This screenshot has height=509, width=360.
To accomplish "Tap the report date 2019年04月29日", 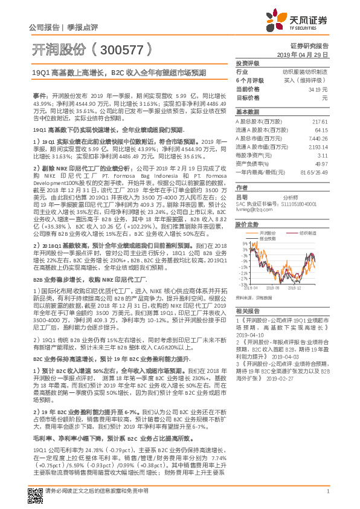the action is [309, 54].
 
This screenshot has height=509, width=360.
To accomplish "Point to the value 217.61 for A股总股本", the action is [320, 122].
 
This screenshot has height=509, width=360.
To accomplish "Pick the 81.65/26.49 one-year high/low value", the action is [315, 172].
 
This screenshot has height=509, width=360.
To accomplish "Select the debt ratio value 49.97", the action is [321, 163].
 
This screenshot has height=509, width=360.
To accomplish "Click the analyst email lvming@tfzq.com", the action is [252, 210].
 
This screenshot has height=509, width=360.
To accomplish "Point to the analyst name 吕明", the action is [242, 197].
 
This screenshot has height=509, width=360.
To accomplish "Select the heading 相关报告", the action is [247, 310].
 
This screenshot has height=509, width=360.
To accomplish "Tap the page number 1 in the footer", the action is [327, 491].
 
